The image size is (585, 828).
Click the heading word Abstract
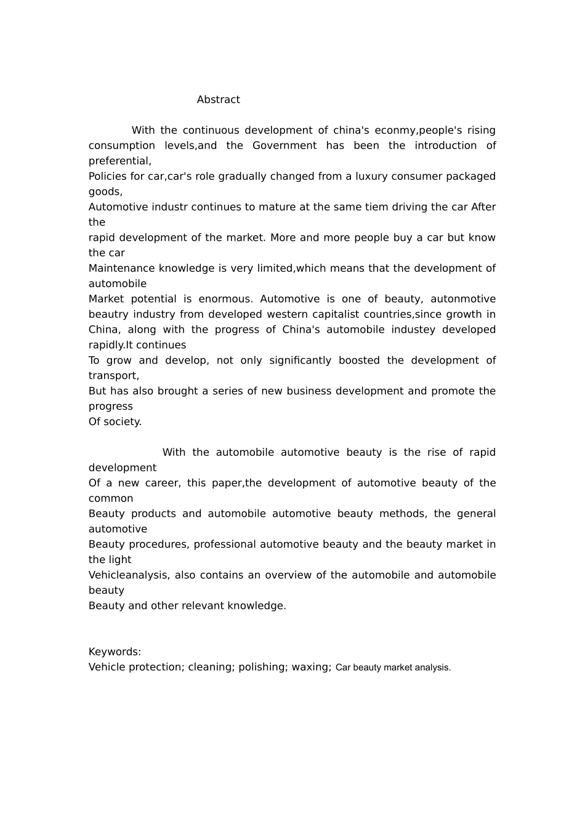218,100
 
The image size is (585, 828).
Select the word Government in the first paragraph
284,146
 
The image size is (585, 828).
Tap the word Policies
108,177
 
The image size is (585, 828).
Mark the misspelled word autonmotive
463,299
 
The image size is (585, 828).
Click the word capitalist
336,315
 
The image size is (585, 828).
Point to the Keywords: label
115,652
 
